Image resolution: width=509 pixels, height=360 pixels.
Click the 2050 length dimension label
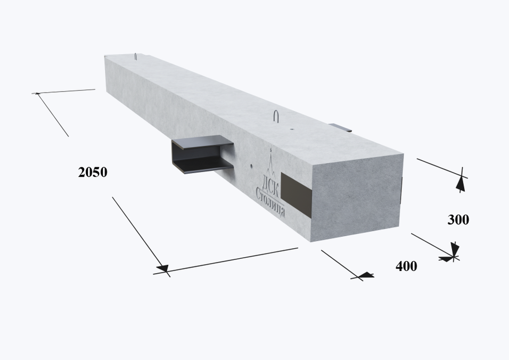(x=93, y=172)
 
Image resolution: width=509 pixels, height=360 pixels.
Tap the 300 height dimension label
(x=458, y=220)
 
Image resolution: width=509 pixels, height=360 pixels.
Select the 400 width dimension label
(x=406, y=266)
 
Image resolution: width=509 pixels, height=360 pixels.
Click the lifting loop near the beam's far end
(x=135, y=56)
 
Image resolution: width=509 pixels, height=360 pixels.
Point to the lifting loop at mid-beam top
(x=276, y=116)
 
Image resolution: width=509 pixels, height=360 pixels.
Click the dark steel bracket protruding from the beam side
(x=202, y=154)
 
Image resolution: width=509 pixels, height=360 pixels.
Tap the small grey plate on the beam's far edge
(x=340, y=128)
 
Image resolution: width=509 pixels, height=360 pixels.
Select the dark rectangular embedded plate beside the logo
(x=296, y=195)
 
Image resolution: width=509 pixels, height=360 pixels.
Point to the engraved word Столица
(x=270, y=202)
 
